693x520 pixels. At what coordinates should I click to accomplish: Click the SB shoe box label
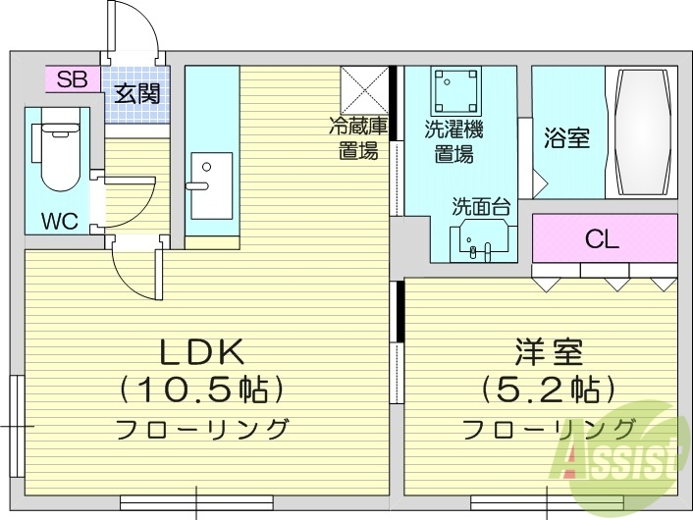[72, 79]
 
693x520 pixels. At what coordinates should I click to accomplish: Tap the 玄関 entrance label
[137, 95]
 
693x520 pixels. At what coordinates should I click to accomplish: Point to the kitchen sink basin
[210, 185]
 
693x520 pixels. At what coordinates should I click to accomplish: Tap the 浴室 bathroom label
[567, 137]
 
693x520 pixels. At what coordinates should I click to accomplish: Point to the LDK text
[202, 350]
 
